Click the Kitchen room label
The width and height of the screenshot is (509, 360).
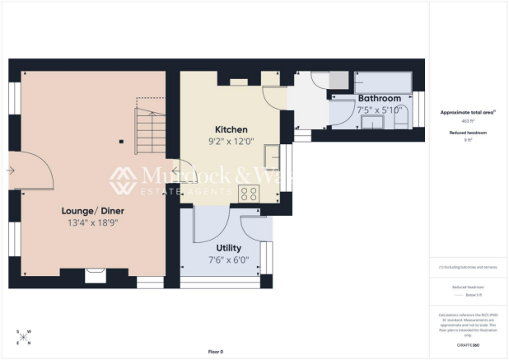point(231,129)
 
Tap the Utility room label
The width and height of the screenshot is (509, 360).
point(228,247)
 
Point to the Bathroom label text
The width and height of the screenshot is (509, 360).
point(379,99)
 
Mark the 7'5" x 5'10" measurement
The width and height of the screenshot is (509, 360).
point(379,110)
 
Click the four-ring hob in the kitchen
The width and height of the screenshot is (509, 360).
point(249,194)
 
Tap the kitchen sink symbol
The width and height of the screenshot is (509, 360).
point(283,157)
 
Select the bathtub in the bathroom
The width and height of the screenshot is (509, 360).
point(384,82)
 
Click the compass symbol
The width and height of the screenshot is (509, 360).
point(23,336)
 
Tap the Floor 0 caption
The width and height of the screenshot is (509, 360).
point(215,351)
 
